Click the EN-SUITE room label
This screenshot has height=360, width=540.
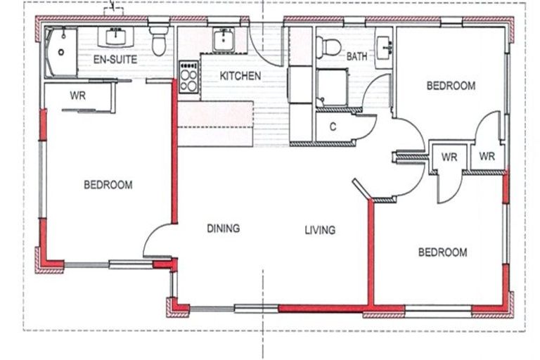[115, 59]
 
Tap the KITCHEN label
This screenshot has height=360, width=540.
[240, 76]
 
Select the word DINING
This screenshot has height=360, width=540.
[224, 228]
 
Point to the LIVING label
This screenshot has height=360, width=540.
[321, 230]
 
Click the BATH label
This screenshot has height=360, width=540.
[356, 56]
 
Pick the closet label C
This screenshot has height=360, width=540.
[333, 127]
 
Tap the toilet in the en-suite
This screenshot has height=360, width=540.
[159, 41]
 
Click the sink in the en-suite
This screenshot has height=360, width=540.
[116, 37]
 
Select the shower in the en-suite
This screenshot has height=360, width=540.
[61, 52]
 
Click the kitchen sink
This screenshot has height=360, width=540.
[224, 40]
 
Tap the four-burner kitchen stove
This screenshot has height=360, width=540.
[188, 77]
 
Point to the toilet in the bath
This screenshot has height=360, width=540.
[328, 47]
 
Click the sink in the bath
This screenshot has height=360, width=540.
[385, 48]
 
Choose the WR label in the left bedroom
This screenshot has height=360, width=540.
[78, 96]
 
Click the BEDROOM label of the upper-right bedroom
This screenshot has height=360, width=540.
[451, 86]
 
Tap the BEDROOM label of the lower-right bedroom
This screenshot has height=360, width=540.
[443, 252]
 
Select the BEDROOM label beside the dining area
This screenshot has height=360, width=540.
[108, 185]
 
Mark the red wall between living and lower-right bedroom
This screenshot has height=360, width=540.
[371, 252]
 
